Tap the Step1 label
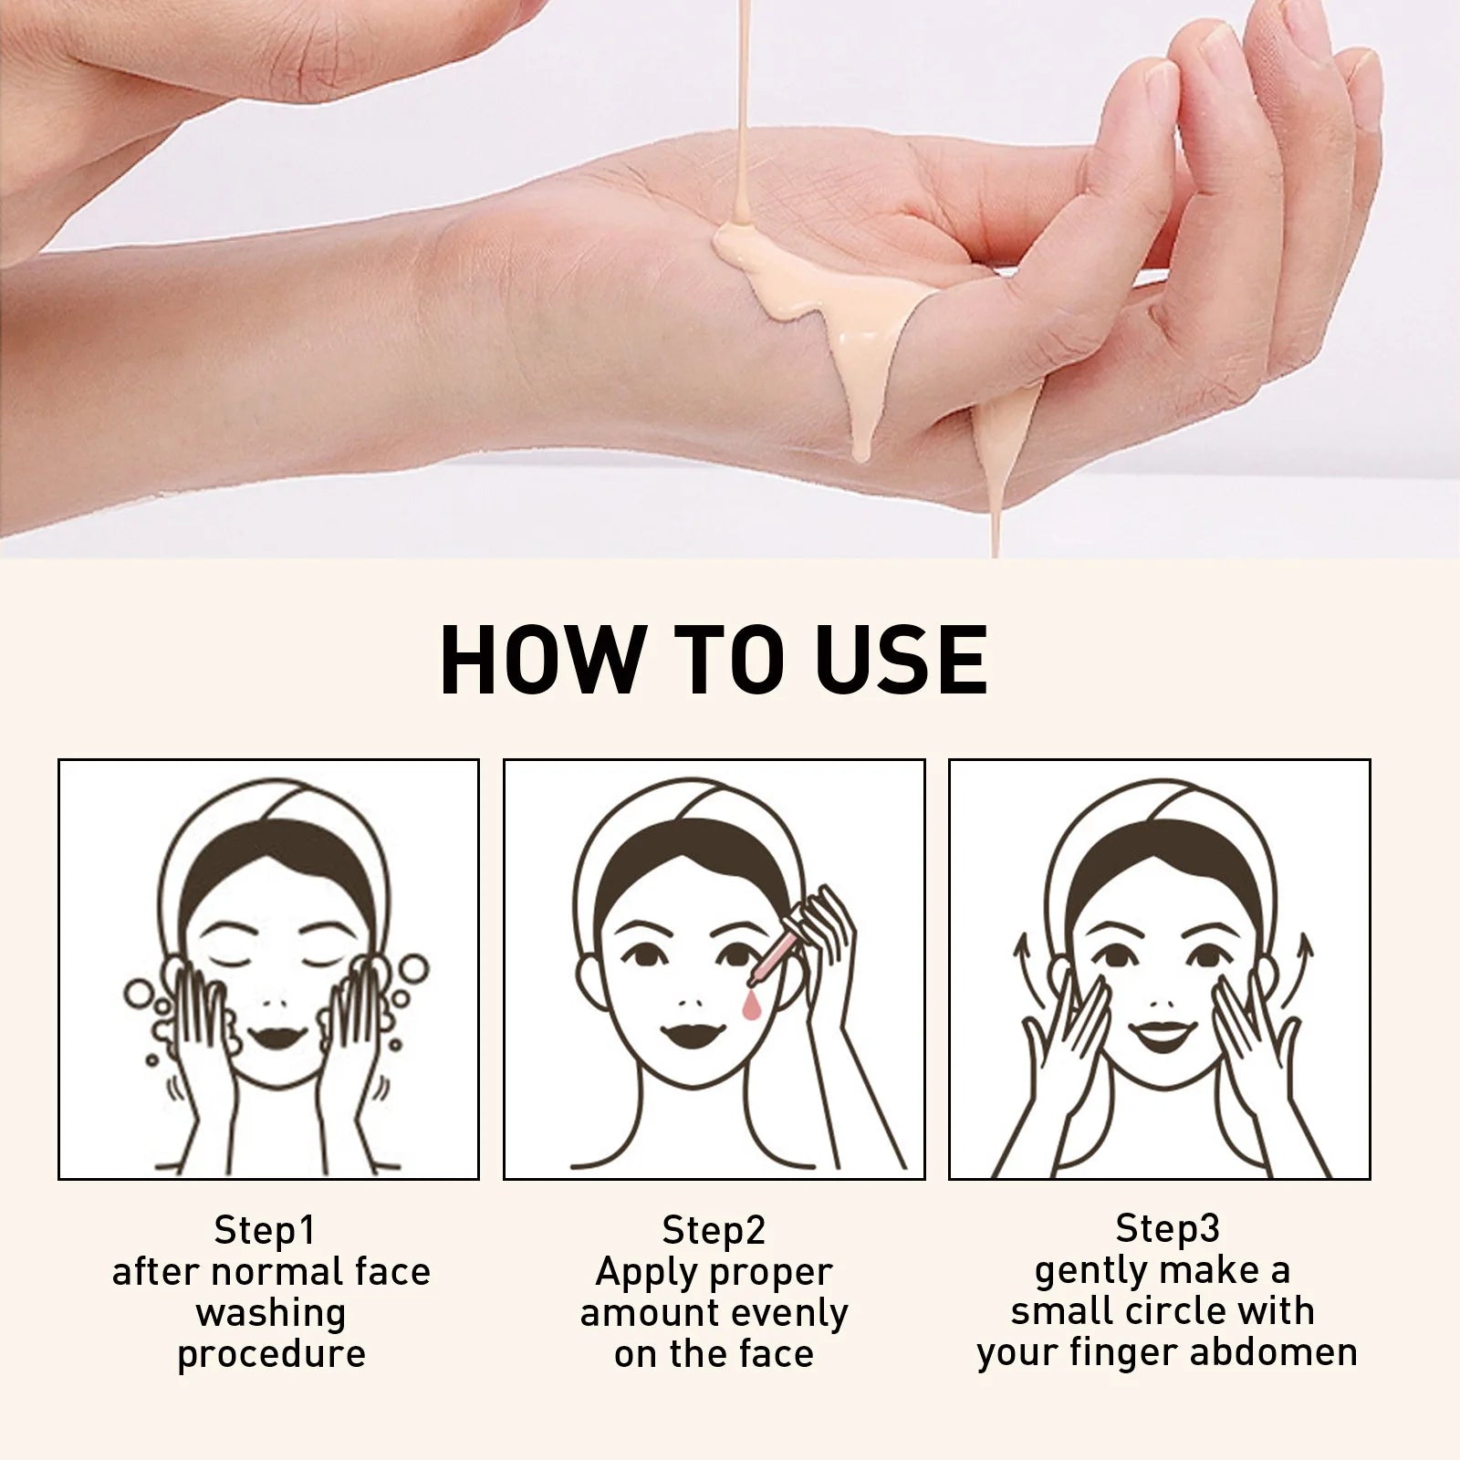(265, 1230)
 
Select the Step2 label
(714, 1230)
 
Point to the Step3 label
(1167, 1228)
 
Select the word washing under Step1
(271, 1313)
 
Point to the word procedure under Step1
(271, 1354)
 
